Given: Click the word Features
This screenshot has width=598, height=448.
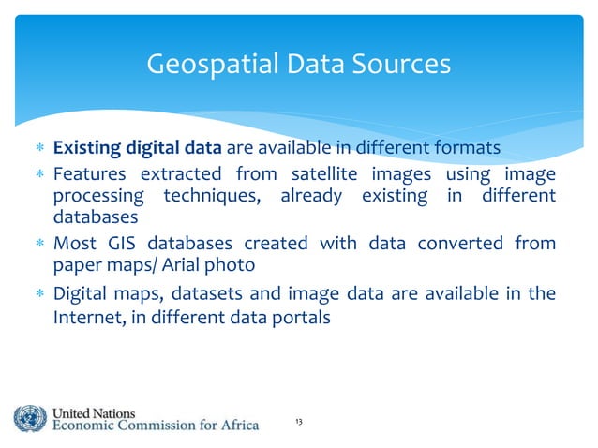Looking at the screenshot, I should [90, 173].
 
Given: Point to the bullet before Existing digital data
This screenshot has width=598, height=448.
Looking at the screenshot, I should [38, 149].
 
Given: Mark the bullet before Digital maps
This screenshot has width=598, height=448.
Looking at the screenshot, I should [38, 295].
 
